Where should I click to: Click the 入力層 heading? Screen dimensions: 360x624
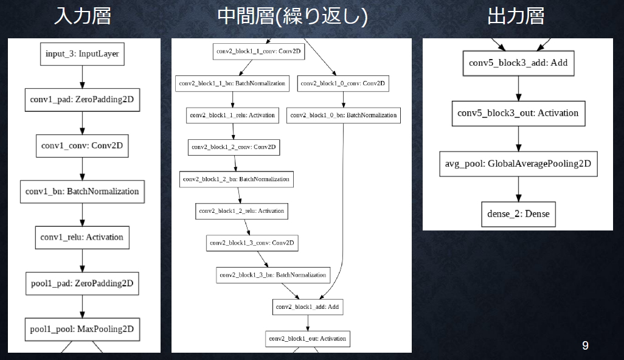(83, 16)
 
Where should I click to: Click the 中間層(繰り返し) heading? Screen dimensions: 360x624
(293, 16)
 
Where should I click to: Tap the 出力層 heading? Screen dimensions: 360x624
(516, 16)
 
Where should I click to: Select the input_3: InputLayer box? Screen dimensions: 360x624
(82, 54)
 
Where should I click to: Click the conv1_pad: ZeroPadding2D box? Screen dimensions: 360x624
(82, 100)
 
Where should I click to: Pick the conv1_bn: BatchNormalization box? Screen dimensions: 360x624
(82, 192)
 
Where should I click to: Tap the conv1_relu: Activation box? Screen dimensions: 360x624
(82, 237)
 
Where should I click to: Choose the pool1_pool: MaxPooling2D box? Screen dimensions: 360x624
(82, 330)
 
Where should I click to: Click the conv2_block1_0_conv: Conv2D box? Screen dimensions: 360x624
(343, 83)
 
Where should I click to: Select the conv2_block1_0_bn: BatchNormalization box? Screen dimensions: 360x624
(344, 115)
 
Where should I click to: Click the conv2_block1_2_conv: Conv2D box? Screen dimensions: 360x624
(234, 147)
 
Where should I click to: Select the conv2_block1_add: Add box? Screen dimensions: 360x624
(307, 307)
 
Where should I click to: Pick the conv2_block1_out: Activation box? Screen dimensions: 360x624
(307, 339)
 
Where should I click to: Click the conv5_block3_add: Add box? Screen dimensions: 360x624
(518, 63)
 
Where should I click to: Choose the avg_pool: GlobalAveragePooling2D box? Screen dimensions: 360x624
(518, 164)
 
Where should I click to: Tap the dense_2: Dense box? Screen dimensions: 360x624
(518, 214)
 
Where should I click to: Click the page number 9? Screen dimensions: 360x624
(585, 345)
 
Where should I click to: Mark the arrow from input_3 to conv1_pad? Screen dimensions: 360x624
(82, 77)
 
